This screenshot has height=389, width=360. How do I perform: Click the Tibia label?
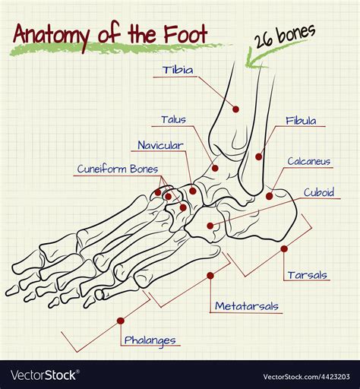(178, 70)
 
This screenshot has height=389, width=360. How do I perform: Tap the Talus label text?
(174, 119)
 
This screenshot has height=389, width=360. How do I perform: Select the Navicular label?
(160, 145)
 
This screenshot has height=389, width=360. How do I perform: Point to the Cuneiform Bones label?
(118, 169)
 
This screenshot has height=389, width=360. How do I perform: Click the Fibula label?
(301, 121)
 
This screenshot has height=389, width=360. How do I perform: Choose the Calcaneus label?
(309, 161)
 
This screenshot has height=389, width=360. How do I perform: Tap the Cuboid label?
(319, 192)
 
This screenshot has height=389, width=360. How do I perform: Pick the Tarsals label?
(308, 275)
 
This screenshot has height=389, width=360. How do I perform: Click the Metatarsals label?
(247, 306)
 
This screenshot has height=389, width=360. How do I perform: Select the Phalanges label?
(150, 340)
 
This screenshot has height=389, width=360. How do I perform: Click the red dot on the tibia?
(235, 109)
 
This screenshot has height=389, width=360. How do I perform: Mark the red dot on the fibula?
(258, 157)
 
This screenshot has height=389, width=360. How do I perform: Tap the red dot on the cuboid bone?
(210, 226)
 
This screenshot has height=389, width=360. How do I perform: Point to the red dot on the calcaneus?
(270, 196)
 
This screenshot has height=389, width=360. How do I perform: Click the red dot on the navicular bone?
(193, 191)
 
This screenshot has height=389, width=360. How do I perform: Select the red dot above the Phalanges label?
(121, 321)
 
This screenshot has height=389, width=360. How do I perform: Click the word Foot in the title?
(185, 33)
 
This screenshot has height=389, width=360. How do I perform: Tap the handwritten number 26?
(264, 40)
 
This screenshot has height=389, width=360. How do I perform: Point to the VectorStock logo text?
(43, 375)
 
